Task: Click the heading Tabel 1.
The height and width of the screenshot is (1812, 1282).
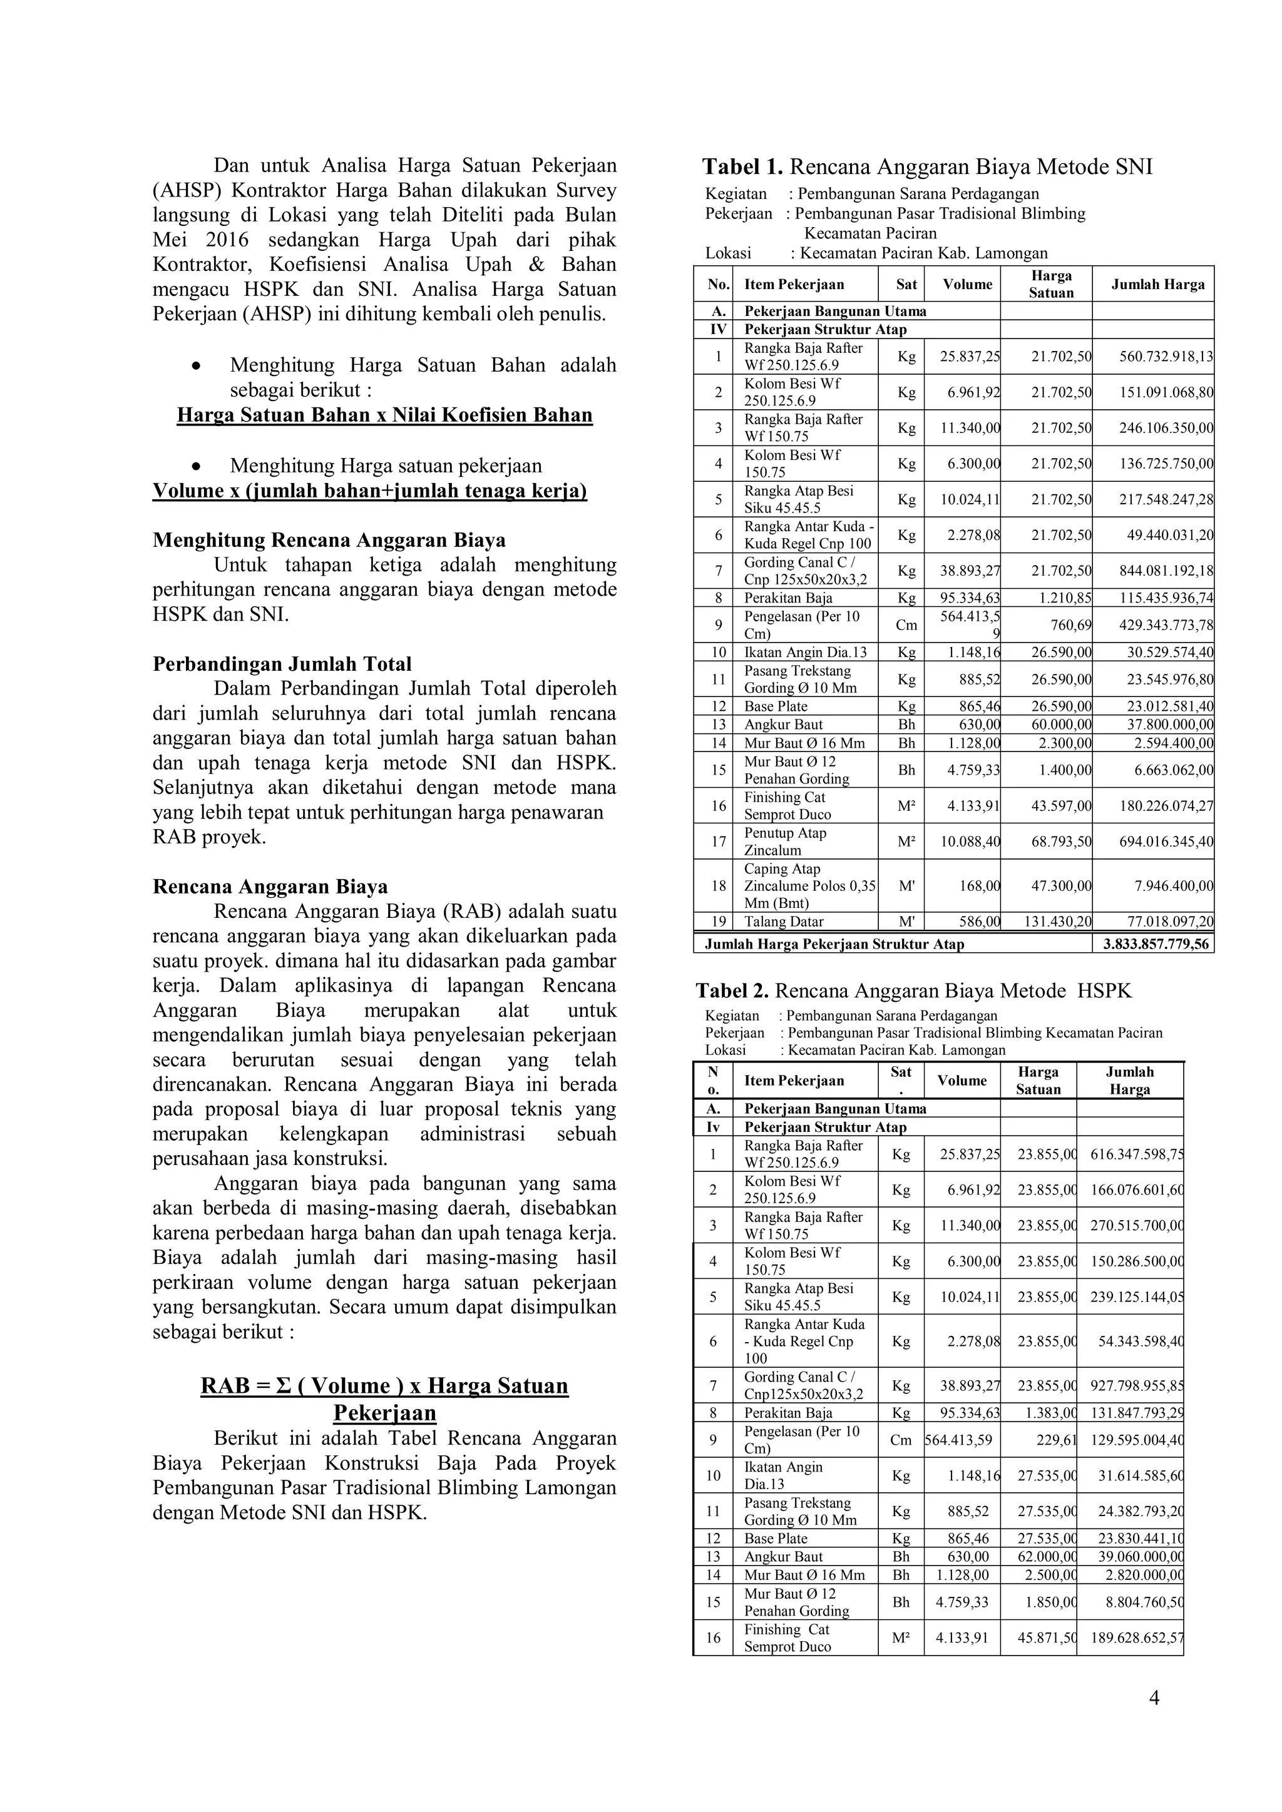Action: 742,167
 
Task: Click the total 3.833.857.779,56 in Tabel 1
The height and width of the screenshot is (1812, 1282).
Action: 1153,944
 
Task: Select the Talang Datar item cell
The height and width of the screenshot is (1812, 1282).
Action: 783,922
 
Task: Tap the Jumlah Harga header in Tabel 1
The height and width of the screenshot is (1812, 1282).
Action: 1157,285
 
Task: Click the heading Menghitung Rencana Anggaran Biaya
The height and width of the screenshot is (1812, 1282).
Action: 329,541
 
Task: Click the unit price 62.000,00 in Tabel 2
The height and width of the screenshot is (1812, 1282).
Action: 1047,1556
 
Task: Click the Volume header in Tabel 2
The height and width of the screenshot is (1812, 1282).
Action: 961,1081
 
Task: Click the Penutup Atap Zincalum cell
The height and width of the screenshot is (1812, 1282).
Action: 785,842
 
